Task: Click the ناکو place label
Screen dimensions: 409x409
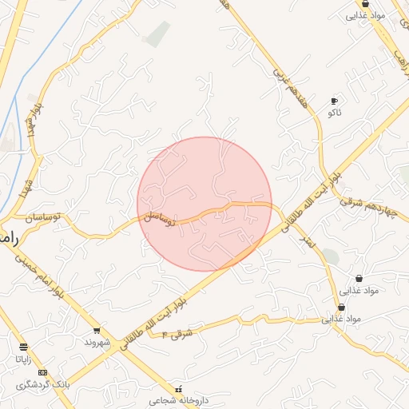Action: [334, 113]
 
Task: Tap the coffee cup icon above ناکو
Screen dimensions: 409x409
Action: [334, 101]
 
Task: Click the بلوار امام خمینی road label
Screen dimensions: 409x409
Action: [37, 275]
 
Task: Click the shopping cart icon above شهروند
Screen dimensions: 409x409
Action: [97, 330]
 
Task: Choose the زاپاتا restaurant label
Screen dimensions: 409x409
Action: [23, 359]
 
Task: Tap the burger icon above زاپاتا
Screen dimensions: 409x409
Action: [23, 347]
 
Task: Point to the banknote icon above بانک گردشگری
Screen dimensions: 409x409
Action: [42, 373]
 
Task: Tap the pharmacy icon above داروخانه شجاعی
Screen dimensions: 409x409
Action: [177, 388]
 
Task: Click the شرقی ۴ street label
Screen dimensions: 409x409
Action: [179, 328]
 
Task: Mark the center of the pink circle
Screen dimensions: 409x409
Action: [204, 204]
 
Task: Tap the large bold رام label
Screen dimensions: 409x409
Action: [8, 238]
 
